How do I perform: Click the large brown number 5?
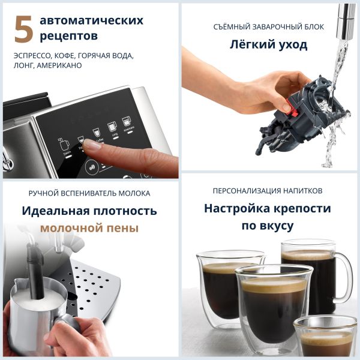pyautogui.click(x=23, y=30)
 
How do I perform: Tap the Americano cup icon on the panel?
pyautogui.click(x=126, y=122)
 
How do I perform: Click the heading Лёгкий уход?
pyautogui.click(x=269, y=44)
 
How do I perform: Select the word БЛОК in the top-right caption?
pyautogui.click(x=311, y=27)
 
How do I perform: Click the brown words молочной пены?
pyautogui.click(x=89, y=228)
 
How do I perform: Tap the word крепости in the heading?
pyautogui.click(x=299, y=208)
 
